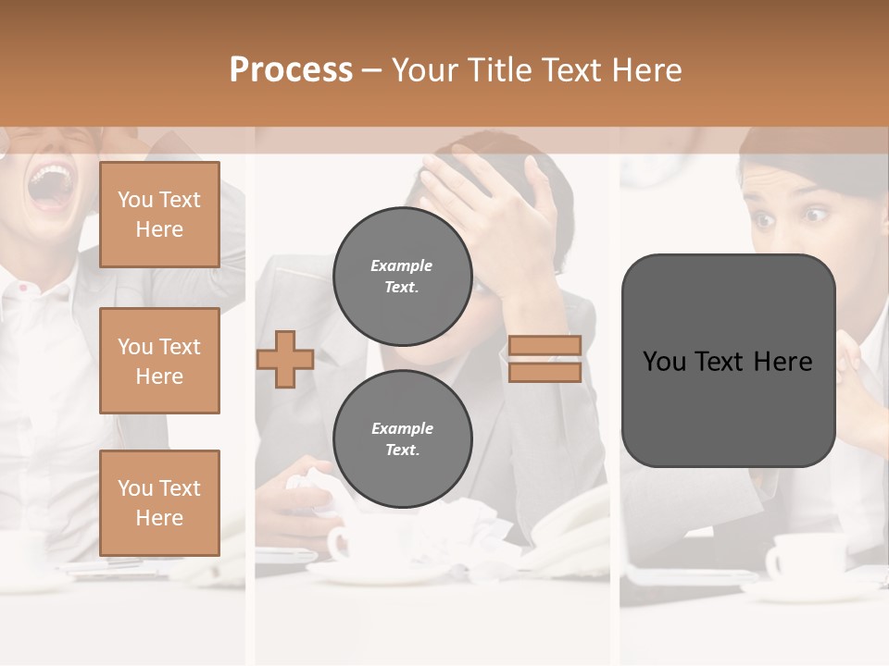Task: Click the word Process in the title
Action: tap(291, 70)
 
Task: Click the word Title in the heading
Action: tap(496, 70)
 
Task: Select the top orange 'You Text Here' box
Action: tap(159, 215)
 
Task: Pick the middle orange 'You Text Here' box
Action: tap(159, 361)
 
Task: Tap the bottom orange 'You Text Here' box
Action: tap(159, 502)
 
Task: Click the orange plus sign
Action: tap(285, 358)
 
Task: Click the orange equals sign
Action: tap(545, 358)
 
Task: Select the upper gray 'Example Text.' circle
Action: tap(402, 276)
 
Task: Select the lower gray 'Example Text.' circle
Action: tap(402, 438)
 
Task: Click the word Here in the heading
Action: tap(648, 70)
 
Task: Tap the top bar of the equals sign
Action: tap(545, 345)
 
